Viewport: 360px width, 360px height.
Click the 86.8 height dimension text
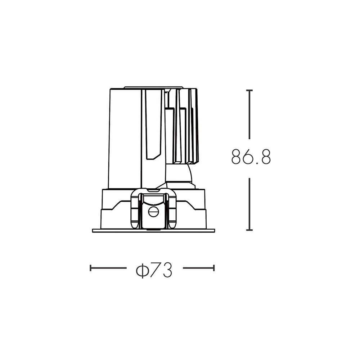pyautogui.click(x=251, y=157)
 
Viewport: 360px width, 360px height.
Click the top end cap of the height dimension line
pyautogui.click(x=249, y=90)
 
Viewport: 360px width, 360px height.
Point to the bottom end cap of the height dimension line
pyautogui.click(x=249, y=230)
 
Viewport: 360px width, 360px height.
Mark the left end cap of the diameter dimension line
pyautogui.click(x=91, y=268)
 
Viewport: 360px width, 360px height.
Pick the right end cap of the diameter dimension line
pyautogui.click(x=214, y=268)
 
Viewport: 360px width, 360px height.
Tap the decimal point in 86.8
pyautogui.click(x=257, y=163)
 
